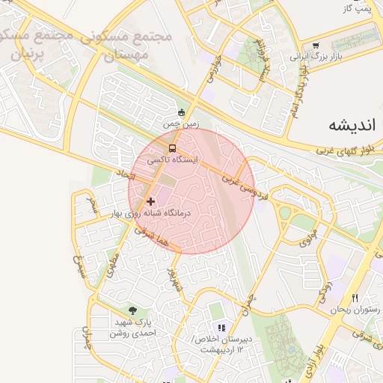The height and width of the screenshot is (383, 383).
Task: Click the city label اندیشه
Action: [351, 124]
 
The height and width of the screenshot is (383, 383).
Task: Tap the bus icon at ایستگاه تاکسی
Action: [173, 148]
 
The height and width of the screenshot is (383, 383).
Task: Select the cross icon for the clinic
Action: [151, 201]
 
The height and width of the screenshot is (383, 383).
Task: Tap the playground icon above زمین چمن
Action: [180, 113]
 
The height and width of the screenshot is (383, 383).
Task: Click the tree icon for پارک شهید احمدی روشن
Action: [132, 310]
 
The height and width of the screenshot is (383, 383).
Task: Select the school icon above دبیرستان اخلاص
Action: [221, 328]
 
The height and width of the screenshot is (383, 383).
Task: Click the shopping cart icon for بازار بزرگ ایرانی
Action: [315, 45]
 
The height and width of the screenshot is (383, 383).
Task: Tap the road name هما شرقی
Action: [154, 239]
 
